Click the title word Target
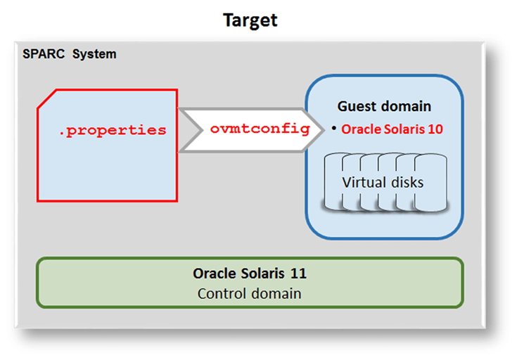[250, 20]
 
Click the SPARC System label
[70, 54]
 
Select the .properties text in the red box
[113, 130]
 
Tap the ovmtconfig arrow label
[260, 129]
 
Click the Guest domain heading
[384, 106]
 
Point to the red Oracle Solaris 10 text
[392, 129]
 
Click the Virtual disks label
[383, 182]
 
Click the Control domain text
[250, 293]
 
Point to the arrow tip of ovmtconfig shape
[317, 129]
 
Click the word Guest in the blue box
[355, 106]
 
